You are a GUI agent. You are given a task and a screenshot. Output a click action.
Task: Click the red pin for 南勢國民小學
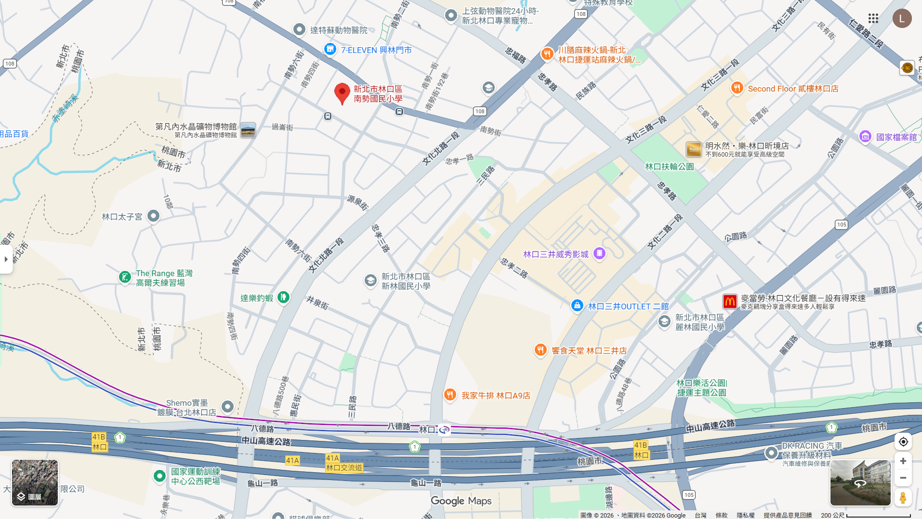(342, 93)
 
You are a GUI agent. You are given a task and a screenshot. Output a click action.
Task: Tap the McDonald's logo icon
(729, 302)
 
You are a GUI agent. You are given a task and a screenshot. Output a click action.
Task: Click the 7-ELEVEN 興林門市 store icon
(330, 49)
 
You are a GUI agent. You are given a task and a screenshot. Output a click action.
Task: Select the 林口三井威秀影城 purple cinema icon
(599, 253)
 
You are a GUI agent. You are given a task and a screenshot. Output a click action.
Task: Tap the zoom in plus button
(903, 461)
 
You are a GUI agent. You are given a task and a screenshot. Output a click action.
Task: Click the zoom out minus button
(903, 478)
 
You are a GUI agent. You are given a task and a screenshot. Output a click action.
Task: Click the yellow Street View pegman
(903, 497)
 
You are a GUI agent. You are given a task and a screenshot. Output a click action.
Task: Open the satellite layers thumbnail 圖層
(35, 482)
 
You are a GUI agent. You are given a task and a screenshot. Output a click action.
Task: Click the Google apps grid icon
(873, 18)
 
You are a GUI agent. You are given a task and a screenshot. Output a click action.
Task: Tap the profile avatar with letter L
(902, 18)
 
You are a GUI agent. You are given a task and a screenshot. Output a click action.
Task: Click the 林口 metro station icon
(444, 429)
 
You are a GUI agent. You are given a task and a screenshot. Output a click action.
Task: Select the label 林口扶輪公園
(669, 167)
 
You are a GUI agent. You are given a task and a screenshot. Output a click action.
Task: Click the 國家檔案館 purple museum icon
(865, 137)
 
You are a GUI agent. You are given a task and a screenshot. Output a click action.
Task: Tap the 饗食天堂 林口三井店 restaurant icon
(540, 350)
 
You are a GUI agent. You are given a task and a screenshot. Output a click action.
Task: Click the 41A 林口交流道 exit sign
(343, 463)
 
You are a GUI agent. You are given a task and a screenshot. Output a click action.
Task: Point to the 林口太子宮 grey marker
(153, 216)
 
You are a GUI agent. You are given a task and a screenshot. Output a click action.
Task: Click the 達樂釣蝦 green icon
(284, 297)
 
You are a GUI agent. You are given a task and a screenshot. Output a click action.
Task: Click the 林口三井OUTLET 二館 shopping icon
(577, 306)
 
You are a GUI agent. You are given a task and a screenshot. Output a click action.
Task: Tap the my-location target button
(903, 441)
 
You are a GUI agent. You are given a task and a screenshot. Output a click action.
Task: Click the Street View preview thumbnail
(860, 482)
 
